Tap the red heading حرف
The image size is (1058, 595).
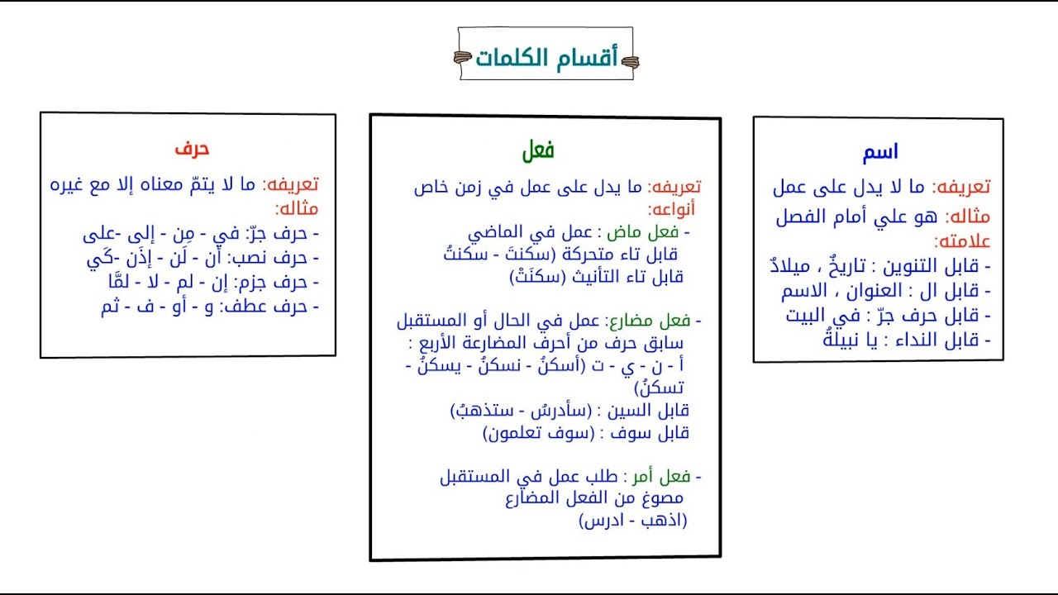click(x=192, y=149)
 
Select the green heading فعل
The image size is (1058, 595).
click(x=538, y=151)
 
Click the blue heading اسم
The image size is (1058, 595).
click(x=879, y=153)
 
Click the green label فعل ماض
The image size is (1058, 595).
click(x=661, y=231)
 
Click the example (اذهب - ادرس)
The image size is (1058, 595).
click(x=633, y=521)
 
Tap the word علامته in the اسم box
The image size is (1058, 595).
click(x=962, y=242)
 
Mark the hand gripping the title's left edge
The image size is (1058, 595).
click(x=463, y=57)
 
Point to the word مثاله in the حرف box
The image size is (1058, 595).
click(x=298, y=208)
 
